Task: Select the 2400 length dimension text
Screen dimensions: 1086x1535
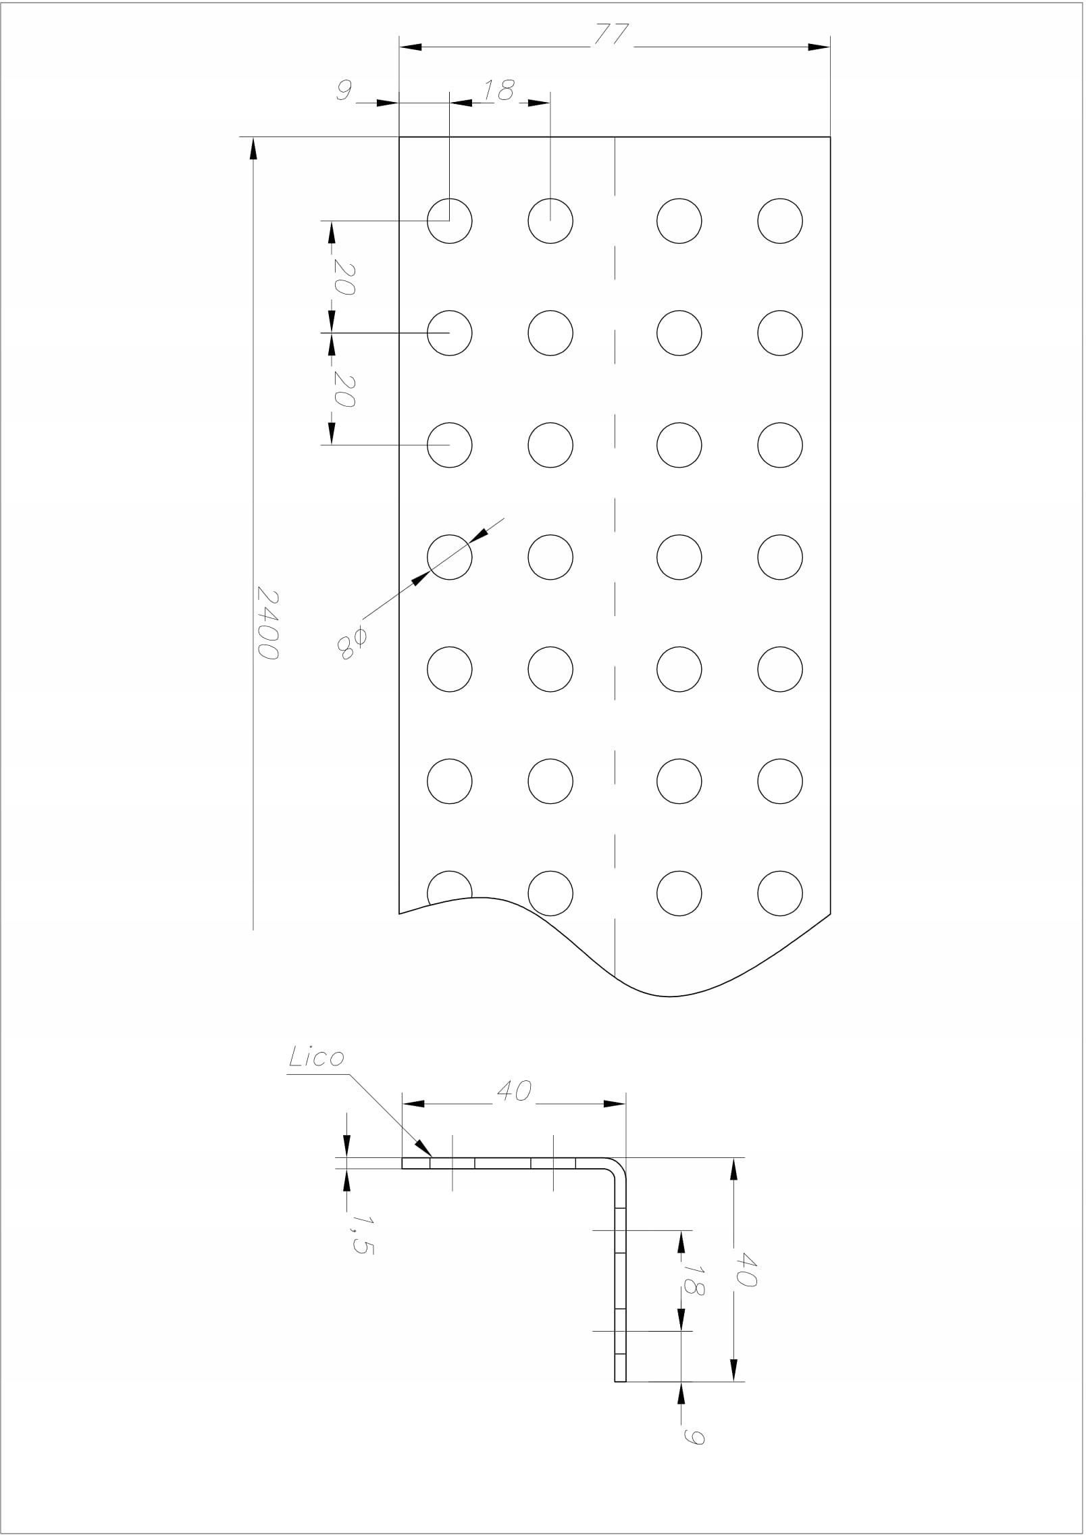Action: pyautogui.click(x=268, y=624)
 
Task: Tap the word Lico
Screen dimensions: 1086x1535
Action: pyautogui.click(x=317, y=1057)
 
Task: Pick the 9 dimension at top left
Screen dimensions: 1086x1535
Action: pyautogui.click(x=344, y=91)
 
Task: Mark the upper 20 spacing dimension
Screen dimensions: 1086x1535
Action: pyautogui.click(x=343, y=278)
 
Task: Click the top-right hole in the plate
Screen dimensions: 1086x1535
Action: pyautogui.click(x=780, y=221)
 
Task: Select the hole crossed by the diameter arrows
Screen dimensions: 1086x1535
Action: pyautogui.click(x=450, y=557)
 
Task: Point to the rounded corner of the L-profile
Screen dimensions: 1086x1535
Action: pyautogui.click(x=621, y=1165)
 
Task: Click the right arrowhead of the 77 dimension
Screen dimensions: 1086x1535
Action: pyautogui.click(x=819, y=47)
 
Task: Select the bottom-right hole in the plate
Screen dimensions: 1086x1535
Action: pyautogui.click(x=780, y=892)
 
